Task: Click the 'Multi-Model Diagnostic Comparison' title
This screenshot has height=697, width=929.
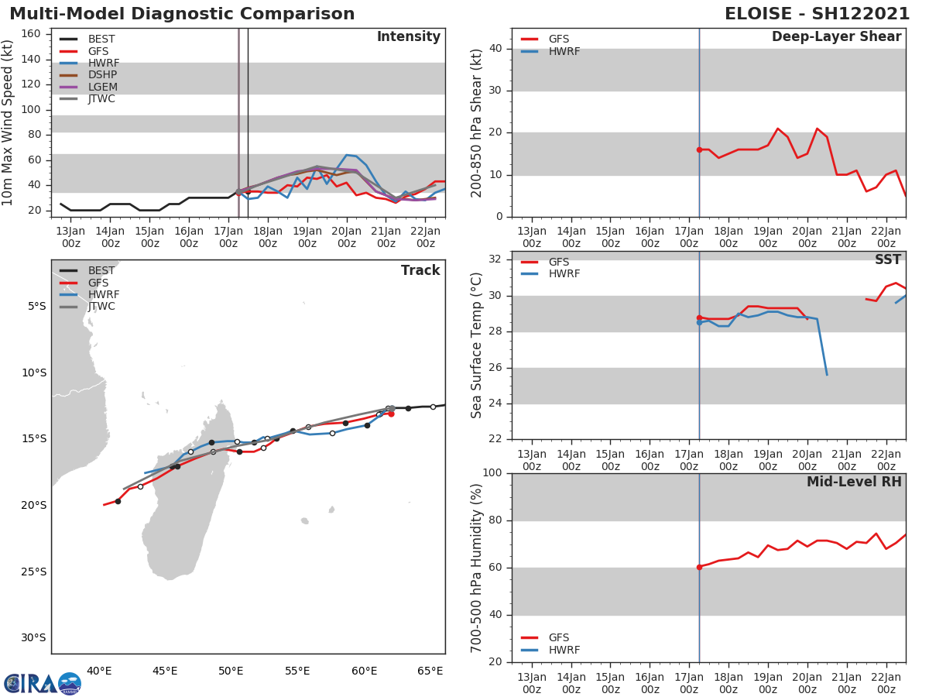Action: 182,14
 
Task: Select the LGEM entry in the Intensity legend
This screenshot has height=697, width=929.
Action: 102,87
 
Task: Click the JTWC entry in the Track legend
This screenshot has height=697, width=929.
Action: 101,307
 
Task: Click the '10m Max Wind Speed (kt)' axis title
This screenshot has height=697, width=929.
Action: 9,122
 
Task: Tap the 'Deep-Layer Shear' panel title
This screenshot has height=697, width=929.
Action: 836,37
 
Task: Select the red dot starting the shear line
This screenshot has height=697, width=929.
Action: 699,149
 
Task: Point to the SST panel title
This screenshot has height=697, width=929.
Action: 887,260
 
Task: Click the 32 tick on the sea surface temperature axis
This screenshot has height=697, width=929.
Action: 495,259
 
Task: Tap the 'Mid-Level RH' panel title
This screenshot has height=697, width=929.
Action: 854,482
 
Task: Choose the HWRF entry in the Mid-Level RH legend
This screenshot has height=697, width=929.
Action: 564,650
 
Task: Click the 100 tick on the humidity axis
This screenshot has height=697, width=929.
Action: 492,473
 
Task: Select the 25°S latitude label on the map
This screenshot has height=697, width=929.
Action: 33,572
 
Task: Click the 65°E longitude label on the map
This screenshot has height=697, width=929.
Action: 430,671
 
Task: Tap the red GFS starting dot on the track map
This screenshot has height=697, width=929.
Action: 391,414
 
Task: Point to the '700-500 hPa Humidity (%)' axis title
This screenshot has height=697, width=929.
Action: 477,568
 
